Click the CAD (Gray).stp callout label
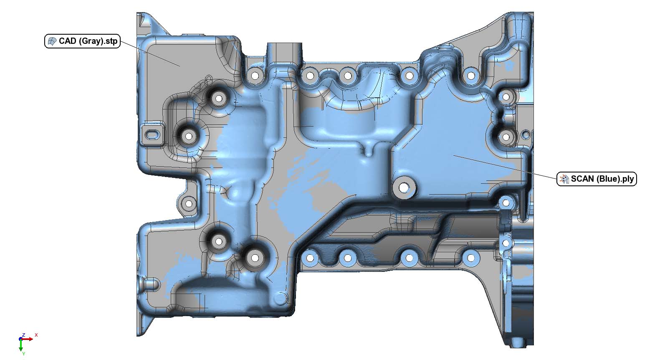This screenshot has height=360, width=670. pyautogui.click(x=82, y=41)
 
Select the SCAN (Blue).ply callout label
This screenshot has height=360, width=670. pyautogui.click(x=597, y=179)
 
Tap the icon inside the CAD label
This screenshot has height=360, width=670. pyautogui.click(x=52, y=41)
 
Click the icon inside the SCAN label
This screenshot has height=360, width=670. pyautogui.click(x=564, y=179)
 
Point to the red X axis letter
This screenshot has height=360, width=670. pyautogui.click(x=36, y=335)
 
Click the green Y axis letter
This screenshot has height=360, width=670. pyautogui.click(x=23, y=354)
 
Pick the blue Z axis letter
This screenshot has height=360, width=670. pyautogui.click(x=24, y=335)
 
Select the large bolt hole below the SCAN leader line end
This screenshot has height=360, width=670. pyautogui.click(x=404, y=188)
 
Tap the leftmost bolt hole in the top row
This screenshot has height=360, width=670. pyautogui.click(x=253, y=76)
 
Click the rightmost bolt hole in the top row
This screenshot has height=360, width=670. pyautogui.click(x=471, y=76)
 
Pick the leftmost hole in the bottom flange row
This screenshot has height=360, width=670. pyautogui.click(x=310, y=258)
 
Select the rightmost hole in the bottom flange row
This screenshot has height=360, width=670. pyautogui.click(x=471, y=258)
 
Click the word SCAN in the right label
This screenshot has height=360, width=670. pyautogui.click(x=583, y=179)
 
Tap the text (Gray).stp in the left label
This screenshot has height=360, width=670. pyautogui.click(x=98, y=41)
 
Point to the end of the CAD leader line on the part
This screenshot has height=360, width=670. pyautogui.click(x=180, y=66)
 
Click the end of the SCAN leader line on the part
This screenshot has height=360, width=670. pyautogui.click(x=454, y=155)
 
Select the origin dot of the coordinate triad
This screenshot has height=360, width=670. pyautogui.click(x=21, y=339)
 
